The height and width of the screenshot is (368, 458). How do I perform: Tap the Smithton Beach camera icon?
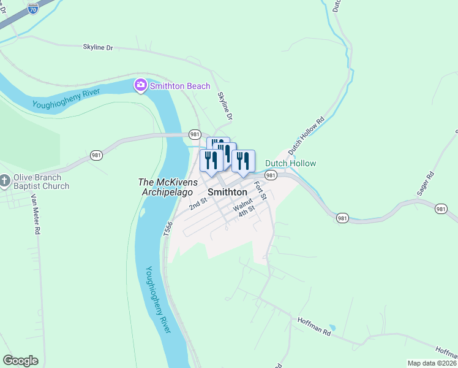coord(141,85)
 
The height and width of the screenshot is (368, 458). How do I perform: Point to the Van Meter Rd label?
coord(36,215)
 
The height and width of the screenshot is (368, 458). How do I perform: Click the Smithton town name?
coord(228,192)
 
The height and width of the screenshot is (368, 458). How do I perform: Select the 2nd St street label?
coord(198,204)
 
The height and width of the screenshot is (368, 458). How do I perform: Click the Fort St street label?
coord(260,191)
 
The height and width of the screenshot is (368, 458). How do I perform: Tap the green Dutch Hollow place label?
coord(290,163)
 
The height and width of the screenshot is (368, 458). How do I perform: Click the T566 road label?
coord(168,228)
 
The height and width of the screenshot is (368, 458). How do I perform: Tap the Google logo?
coord(20,361)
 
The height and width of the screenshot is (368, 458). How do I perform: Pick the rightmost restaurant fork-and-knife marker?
coord(243,161)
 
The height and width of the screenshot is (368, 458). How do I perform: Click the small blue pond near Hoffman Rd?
coord(332,328)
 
